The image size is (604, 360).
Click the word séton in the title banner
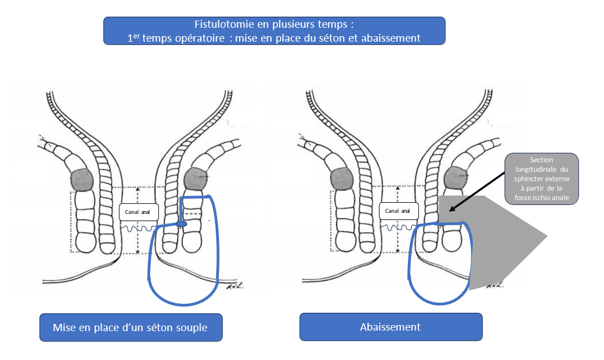pos(331,38)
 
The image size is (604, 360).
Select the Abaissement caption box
pos(391,327)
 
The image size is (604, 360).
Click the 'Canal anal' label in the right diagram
pos(399,211)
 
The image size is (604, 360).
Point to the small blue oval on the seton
pos(182,224)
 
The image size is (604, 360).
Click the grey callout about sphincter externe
pos(542,179)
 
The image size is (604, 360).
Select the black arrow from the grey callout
pos(477,192)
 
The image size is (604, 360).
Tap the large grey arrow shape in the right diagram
pos(493,243)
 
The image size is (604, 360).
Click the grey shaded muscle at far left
pos(82,180)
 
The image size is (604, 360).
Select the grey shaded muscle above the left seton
pos(196,179)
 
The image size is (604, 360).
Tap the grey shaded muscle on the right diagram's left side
pos(342,179)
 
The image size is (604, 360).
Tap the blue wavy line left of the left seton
pos(138,228)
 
